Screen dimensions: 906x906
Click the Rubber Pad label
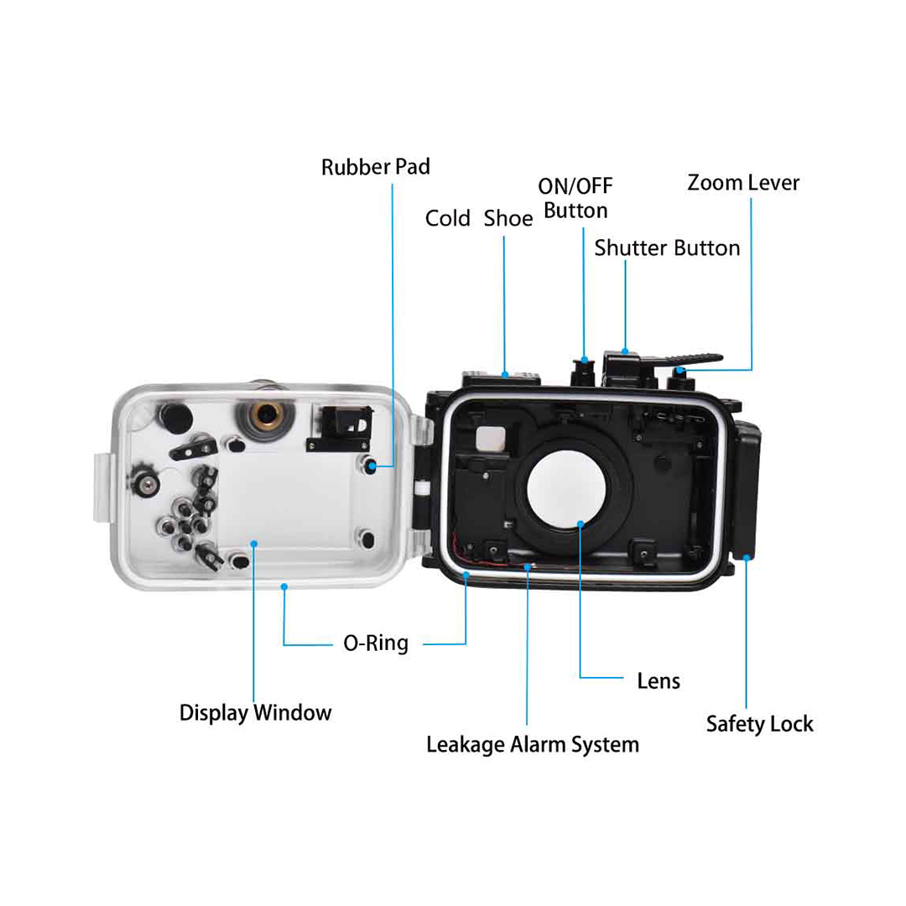click(376, 167)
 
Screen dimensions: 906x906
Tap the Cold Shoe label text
click(479, 218)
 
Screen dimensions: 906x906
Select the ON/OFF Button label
click(575, 198)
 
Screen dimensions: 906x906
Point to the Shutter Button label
click(668, 248)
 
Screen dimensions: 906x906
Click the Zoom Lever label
click(743, 183)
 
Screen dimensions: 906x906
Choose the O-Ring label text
click(376, 643)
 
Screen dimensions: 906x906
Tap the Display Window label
click(255, 713)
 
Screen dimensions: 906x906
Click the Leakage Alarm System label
click(533, 745)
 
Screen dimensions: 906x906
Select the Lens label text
click(659, 681)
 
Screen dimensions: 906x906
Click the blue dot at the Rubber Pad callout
click(372, 466)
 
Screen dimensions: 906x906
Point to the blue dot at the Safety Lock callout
click(747, 558)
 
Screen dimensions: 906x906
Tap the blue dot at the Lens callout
click(581, 524)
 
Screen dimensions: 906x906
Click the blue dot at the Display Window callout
click(253, 544)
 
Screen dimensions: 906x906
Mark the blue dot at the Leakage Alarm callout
click(528, 567)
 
